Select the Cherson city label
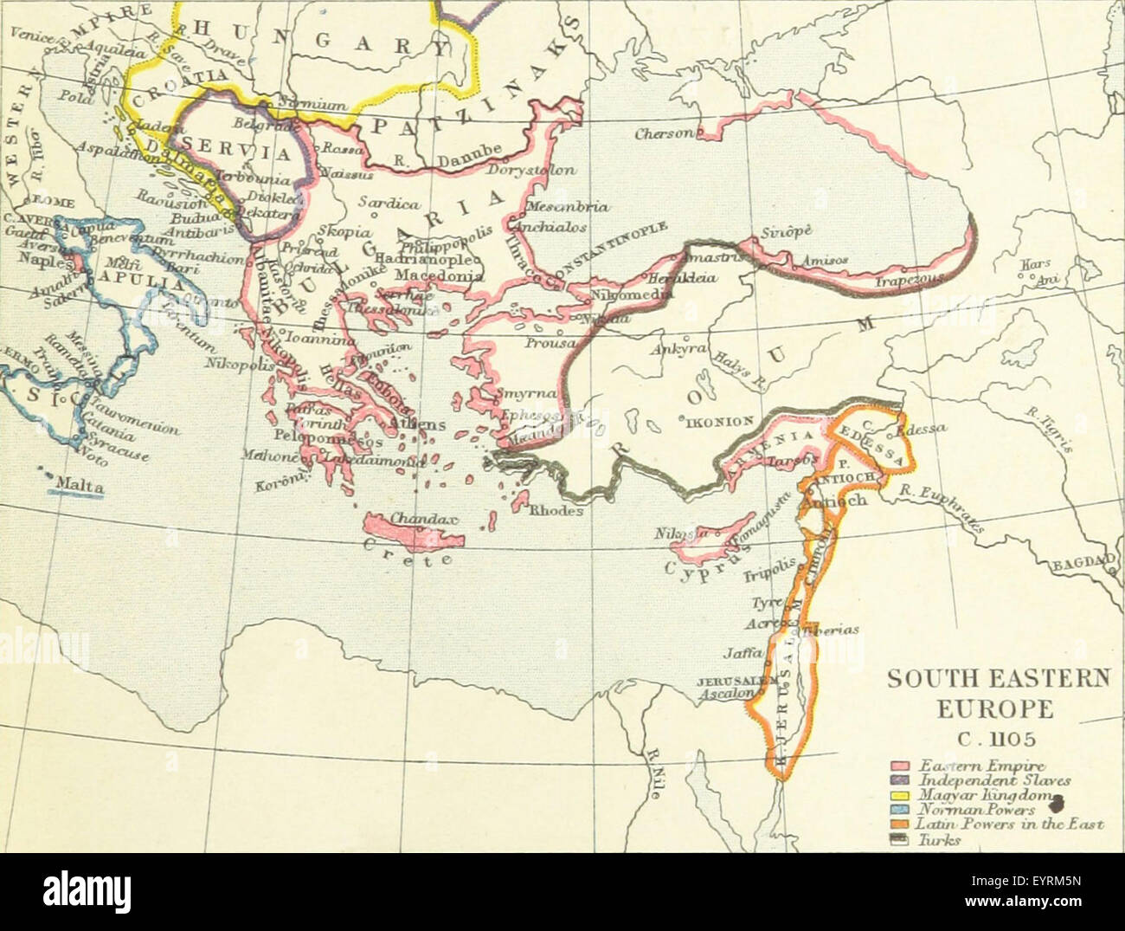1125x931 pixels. click(663, 134)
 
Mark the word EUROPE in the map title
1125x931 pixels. click(997, 710)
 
